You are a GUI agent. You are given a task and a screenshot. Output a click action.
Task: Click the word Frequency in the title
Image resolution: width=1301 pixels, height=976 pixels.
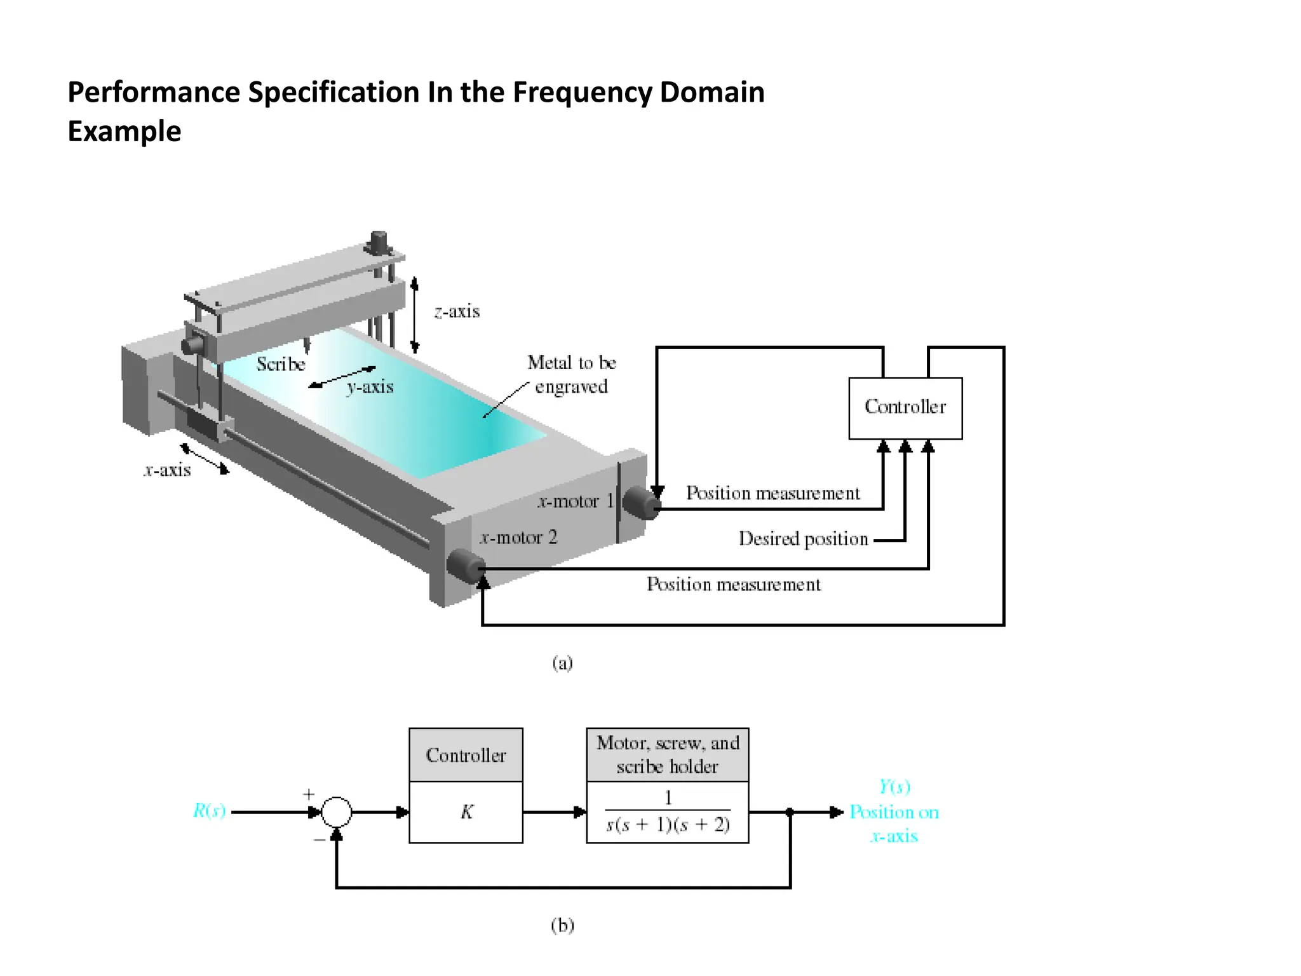tap(583, 93)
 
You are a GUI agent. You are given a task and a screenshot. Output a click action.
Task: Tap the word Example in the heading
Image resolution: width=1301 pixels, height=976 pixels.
tap(125, 132)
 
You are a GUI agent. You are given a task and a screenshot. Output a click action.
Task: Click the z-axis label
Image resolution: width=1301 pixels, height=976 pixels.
tap(457, 311)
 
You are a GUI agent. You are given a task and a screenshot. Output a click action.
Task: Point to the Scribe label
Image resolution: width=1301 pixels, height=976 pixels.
tap(281, 364)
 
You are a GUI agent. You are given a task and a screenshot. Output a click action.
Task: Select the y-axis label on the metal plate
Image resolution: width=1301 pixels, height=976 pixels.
tap(370, 387)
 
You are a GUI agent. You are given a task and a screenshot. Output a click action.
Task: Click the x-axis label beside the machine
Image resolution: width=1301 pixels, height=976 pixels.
tap(167, 470)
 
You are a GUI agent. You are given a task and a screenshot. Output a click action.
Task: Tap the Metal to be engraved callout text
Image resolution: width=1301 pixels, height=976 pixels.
tap(572, 375)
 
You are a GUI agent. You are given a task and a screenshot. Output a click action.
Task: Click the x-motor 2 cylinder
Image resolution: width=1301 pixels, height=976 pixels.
tap(466, 566)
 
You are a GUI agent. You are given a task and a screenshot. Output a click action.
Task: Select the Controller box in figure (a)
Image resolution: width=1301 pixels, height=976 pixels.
tap(905, 407)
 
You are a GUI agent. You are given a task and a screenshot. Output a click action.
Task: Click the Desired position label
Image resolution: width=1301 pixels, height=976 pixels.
tap(803, 539)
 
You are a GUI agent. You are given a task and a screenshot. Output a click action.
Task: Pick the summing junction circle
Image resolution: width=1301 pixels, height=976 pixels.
tap(336, 812)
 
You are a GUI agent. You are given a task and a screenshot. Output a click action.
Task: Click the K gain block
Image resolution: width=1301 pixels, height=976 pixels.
tap(466, 812)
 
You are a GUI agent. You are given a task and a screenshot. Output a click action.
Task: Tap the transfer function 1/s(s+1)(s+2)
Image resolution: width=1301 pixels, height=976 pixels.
tap(668, 813)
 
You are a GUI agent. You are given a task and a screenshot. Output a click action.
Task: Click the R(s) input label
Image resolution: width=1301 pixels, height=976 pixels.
tap(210, 811)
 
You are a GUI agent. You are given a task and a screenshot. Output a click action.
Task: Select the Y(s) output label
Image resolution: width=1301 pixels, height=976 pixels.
tap(894, 787)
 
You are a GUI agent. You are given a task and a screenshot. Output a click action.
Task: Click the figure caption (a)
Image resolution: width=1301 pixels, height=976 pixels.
tap(562, 663)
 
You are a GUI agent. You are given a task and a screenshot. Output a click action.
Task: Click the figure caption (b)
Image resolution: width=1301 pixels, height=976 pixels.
tap(562, 925)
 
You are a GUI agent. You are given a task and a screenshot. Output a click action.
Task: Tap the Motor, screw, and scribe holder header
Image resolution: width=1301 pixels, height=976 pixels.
tap(668, 755)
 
